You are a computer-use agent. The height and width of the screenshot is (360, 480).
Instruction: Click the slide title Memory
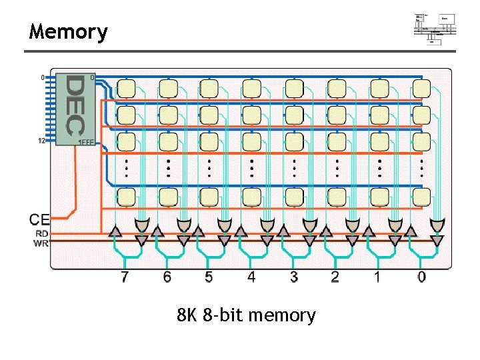[x=68, y=31]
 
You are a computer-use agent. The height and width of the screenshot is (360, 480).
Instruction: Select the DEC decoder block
[x=75, y=108]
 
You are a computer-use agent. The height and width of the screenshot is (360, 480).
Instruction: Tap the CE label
[x=39, y=219]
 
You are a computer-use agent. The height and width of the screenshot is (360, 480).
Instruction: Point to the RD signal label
[x=41, y=233]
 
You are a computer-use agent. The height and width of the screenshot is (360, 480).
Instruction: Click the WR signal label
[x=41, y=243]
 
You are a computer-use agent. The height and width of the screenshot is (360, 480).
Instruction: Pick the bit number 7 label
[x=125, y=277]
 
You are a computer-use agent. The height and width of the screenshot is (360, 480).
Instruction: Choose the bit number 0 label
[x=421, y=277]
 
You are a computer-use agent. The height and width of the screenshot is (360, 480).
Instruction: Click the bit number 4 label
[x=251, y=277]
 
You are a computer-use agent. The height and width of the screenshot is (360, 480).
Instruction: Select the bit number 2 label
[x=335, y=277]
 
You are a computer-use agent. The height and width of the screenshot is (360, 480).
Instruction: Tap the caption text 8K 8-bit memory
[x=246, y=315]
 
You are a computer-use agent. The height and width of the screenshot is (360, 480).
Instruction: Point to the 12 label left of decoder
[x=42, y=141]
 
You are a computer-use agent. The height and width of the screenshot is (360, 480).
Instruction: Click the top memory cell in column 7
[x=126, y=88]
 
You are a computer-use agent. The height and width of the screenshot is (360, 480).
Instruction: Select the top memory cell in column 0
[x=421, y=88]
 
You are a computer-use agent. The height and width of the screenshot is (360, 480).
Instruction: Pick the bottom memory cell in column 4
[x=252, y=196]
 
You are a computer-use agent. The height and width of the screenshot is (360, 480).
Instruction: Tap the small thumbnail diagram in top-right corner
[x=435, y=28]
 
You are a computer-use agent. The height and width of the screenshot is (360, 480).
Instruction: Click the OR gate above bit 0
[x=437, y=227]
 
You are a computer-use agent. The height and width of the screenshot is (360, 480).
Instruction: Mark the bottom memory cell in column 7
[x=126, y=196]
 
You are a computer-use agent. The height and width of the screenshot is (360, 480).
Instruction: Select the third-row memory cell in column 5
[x=210, y=141]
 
